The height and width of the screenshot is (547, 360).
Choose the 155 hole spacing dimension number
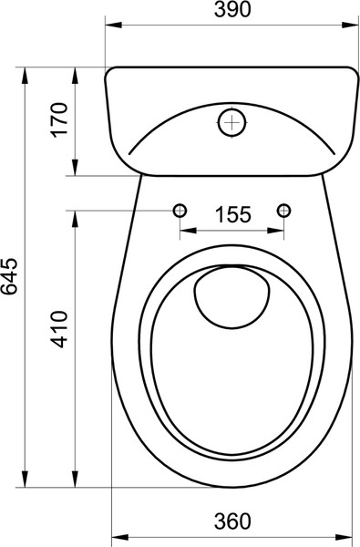(x=232, y=215)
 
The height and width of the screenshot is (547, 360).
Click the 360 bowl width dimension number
(x=232, y=522)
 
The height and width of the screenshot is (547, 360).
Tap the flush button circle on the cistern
(x=233, y=120)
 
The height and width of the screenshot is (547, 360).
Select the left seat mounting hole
(x=180, y=211)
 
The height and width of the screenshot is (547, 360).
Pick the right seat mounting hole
(x=284, y=211)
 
